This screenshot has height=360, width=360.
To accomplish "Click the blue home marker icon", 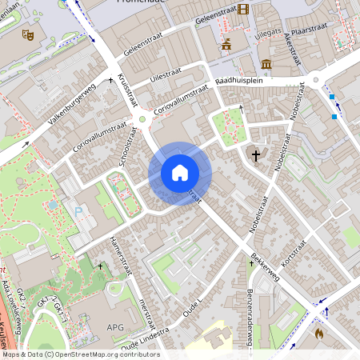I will pos(179,173).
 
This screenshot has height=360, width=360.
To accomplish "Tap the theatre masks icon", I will pos(26,34).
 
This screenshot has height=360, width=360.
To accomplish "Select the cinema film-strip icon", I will pos(243,10).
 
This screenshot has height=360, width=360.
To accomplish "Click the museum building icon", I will pos(266,63).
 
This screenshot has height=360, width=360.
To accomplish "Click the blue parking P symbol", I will pos(78,211).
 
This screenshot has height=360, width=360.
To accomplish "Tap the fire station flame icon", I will pos(319,333).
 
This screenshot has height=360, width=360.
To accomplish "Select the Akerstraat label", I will pos(292,54).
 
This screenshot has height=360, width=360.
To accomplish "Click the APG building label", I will pos(115,327).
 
